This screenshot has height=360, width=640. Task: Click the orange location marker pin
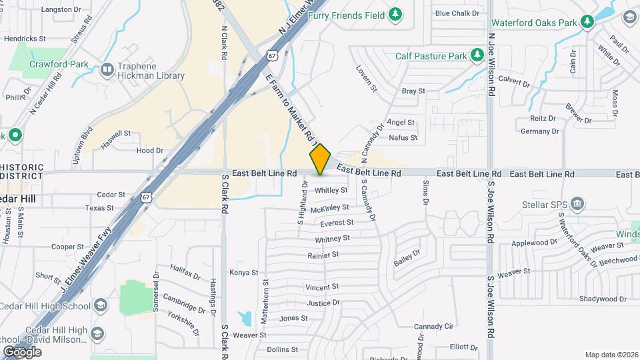pos(321,159)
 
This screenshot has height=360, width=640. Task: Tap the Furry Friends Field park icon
pos(396,13)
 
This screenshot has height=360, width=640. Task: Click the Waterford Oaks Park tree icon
pos(587,23)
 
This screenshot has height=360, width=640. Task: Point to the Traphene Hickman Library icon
pos(107,69)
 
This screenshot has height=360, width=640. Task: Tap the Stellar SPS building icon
pos(578,203)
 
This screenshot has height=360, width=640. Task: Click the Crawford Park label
pos(59,64)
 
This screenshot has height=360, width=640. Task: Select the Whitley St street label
pos(331,190)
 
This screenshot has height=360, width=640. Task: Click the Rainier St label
pos(323,255)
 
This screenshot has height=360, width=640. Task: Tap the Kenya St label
pos(243,272)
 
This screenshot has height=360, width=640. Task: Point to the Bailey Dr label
pos(407,258)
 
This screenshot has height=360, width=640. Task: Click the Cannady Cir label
pos(433,327)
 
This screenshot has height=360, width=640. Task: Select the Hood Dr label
pos(149,151)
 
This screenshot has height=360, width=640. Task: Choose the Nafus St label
pos(403,138)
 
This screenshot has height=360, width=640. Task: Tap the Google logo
pos(22,351)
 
